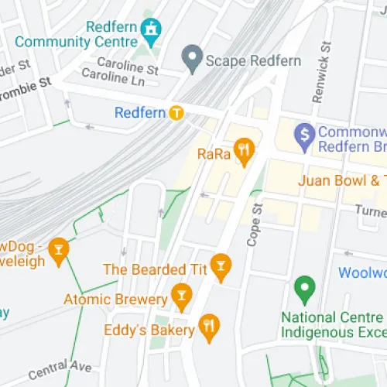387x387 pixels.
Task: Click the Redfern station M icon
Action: [177, 113]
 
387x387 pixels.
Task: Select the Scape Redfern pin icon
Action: [191, 56]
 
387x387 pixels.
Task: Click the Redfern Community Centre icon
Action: [152, 27]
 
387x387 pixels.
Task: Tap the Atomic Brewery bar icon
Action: [181, 295]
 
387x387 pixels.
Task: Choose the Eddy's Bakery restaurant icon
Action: [207, 328]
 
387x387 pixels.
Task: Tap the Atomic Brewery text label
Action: [115, 299]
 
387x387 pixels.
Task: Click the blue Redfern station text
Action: [140, 113]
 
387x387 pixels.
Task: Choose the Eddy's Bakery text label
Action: [149, 330]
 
